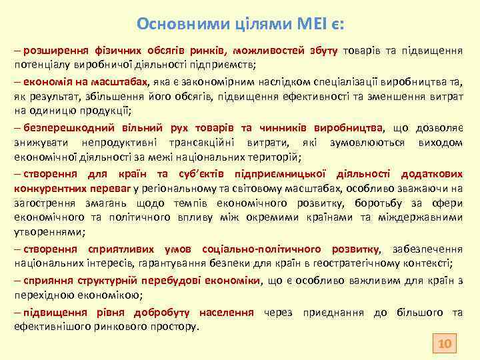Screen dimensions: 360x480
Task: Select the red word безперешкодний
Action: point(61,129)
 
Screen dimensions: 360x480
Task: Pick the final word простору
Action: point(174,327)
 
